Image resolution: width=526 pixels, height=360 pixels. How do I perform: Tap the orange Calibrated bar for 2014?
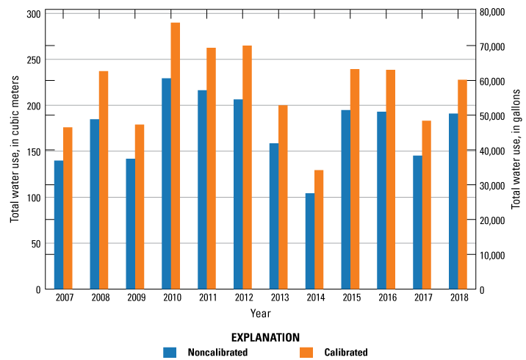pos(319,229)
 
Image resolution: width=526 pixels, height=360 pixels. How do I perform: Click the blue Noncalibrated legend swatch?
pos(170,352)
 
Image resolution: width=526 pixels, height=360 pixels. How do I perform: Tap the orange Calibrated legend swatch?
pos(306,352)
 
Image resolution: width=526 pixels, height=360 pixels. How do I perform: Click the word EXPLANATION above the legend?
pos(265,337)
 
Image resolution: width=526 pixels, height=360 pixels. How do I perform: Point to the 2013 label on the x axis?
pos(278,298)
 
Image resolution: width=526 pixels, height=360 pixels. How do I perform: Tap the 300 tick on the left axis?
pos(33,14)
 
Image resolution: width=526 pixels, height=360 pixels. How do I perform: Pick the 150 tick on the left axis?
pos(33,151)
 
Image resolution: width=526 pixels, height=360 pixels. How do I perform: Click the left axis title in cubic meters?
pos(14,151)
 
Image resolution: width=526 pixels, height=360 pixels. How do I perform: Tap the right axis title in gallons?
pos(516,151)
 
